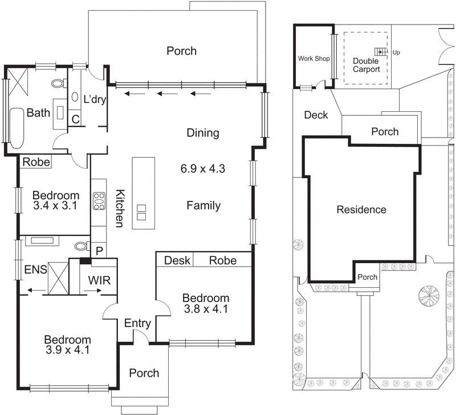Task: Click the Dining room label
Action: click(203, 133)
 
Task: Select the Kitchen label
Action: click(120, 208)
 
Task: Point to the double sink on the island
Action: click(141, 212)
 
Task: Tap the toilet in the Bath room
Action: click(58, 83)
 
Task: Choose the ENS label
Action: click(34, 269)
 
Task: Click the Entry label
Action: click(137, 324)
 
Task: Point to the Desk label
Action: click(177, 260)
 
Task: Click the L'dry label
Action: click(95, 99)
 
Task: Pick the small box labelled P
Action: click(99, 251)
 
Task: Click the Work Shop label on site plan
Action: click(313, 59)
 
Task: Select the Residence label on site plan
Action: click(361, 209)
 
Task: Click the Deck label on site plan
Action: click(316, 115)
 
